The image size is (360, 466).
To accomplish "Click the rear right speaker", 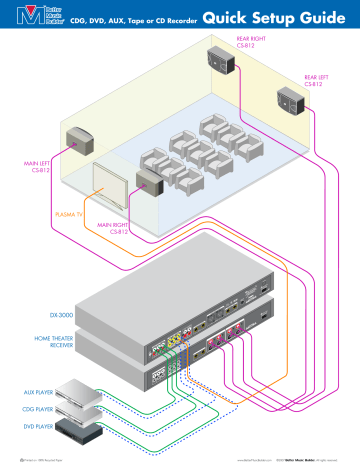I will pos(223,62).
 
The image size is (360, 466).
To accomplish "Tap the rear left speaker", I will pos(293,100).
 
